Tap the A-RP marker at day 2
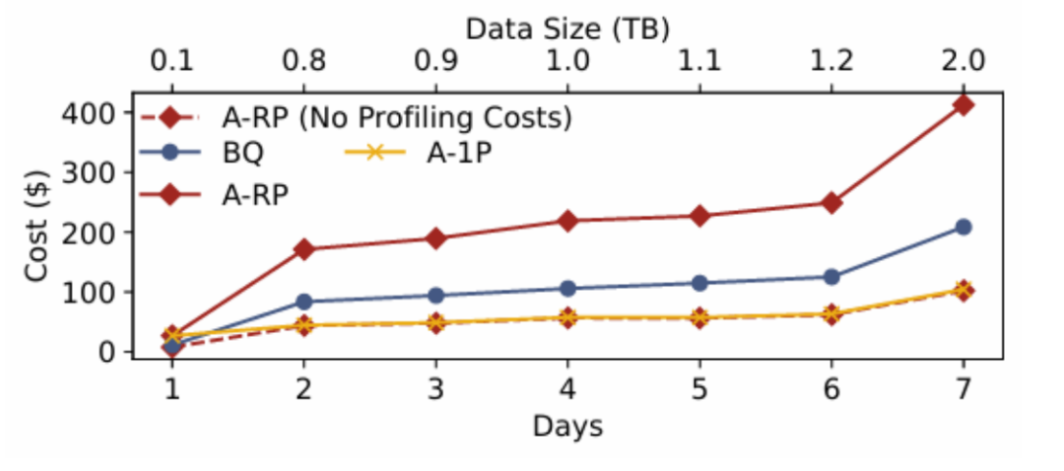[x=303, y=249]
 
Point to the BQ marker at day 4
[x=567, y=289]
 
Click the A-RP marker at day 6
[x=831, y=203]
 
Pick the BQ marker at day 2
[x=303, y=302]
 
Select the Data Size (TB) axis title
[x=567, y=30]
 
